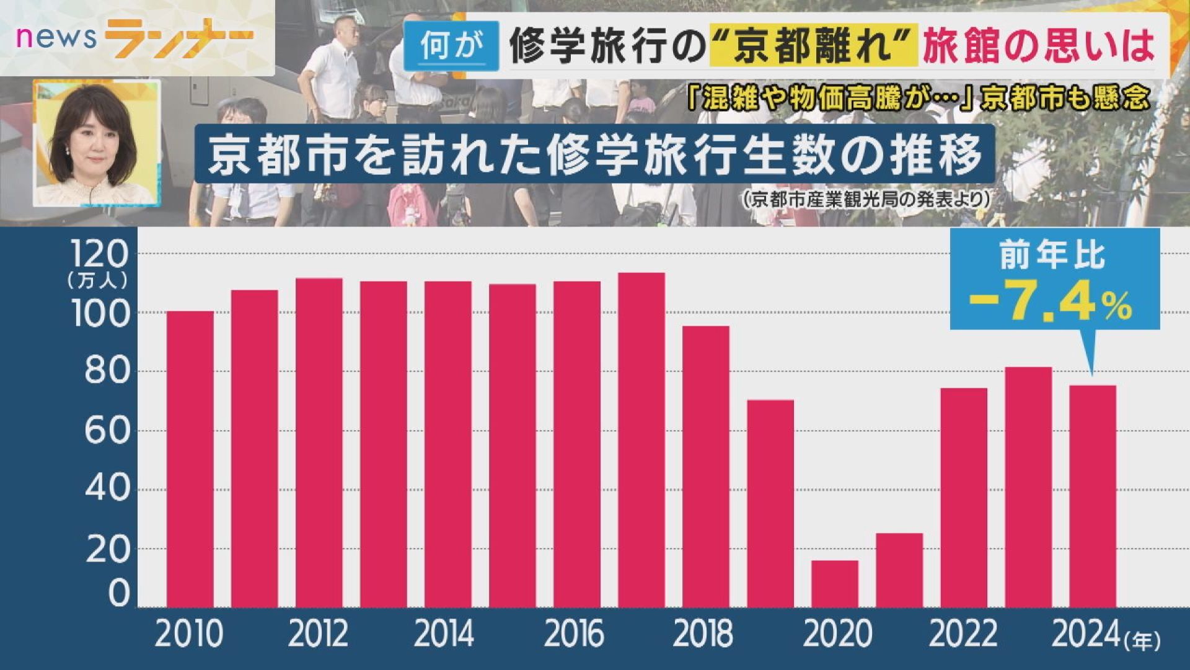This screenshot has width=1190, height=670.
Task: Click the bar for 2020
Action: click(835, 584)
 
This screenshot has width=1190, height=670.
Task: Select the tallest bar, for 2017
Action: click(641, 440)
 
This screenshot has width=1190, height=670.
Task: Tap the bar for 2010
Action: click(190, 459)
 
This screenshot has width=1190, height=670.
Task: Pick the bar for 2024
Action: click(1093, 496)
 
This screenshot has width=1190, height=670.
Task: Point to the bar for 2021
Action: click(899, 570)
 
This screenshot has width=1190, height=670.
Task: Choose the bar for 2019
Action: click(770, 503)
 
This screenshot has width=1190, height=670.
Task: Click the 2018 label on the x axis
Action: click(703, 634)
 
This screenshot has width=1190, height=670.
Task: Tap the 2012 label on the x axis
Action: click(318, 634)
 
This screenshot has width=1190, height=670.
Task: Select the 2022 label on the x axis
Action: click(963, 634)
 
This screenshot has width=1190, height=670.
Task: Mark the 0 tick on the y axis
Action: click(119, 593)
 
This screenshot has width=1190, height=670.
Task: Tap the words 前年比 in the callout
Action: click(1052, 255)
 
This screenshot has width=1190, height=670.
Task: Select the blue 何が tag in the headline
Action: click(451, 45)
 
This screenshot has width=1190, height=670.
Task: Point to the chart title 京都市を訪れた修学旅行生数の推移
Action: click(595, 154)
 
